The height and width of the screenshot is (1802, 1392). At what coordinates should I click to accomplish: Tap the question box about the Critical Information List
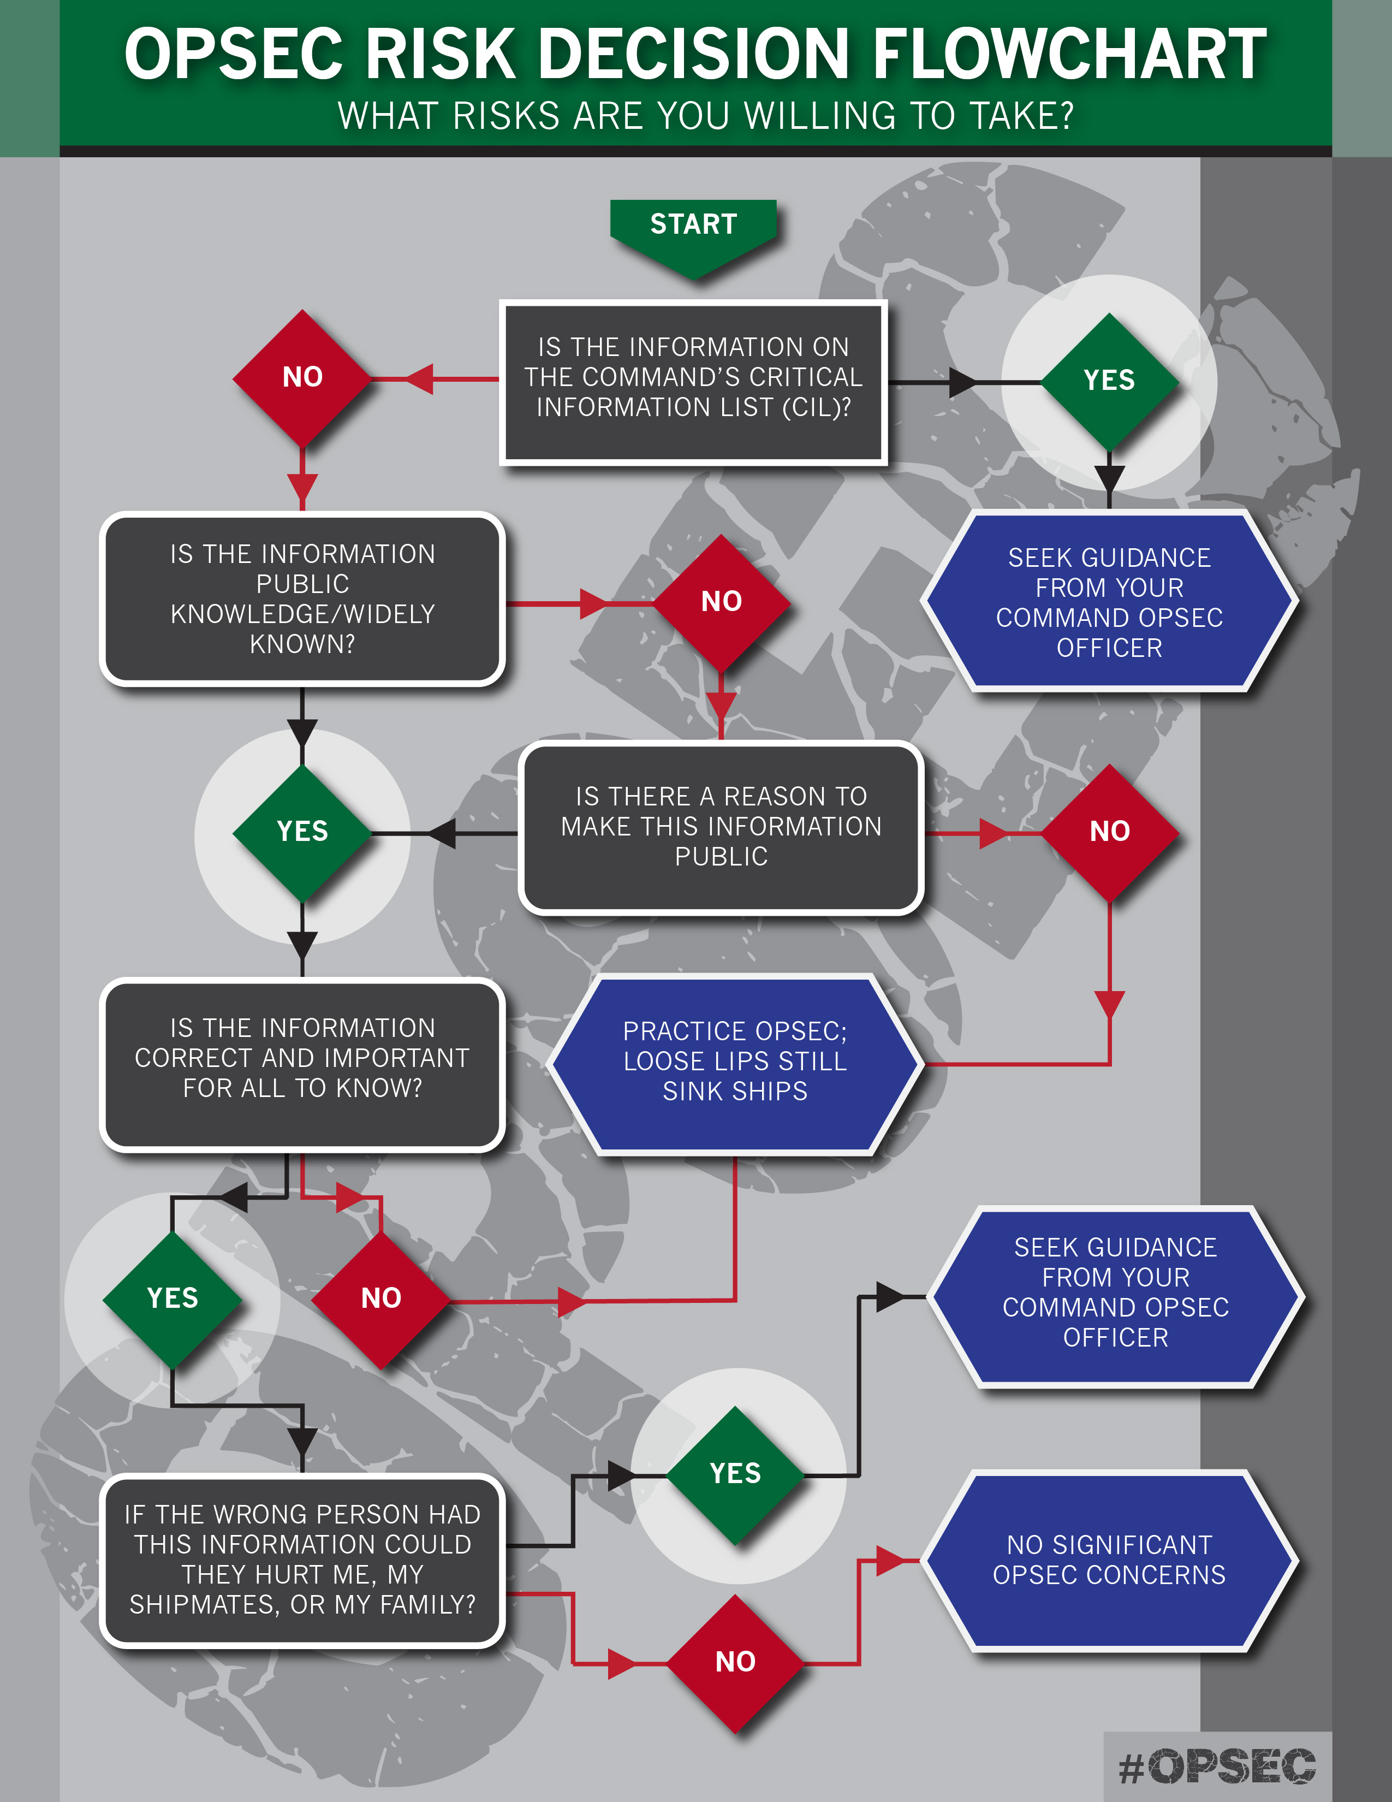pyautogui.click(x=693, y=382)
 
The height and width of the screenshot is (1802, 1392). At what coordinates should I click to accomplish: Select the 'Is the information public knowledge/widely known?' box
pyautogui.click(x=302, y=599)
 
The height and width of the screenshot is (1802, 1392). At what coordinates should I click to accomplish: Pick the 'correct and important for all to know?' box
pyautogui.click(x=302, y=1064)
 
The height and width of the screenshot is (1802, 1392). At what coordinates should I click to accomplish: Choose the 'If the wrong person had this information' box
pyautogui.click(x=302, y=1560)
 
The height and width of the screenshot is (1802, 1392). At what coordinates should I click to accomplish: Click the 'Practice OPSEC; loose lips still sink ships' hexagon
pyautogui.click(x=735, y=1063)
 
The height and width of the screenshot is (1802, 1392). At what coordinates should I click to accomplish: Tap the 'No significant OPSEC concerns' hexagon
pyautogui.click(x=1109, y=1560)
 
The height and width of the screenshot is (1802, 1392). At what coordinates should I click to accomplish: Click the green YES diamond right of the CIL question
pyautogui.click(x=1109, y=381)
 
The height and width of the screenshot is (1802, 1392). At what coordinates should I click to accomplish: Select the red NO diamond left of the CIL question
pyautogui.click(x=302, y=378)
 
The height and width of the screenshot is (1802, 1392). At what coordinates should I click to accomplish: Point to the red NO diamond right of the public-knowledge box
pyautogui.click(x=722, y=602)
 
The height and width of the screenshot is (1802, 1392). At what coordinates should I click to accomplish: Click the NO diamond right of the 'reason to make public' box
pyautogui.click(x=1110, y=832)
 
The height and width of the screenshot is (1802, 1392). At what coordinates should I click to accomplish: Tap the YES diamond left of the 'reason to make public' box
pyautogui.click(x=302, y=832)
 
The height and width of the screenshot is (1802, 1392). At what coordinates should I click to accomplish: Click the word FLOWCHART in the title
pyautogui.click(x=1069, y=55)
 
